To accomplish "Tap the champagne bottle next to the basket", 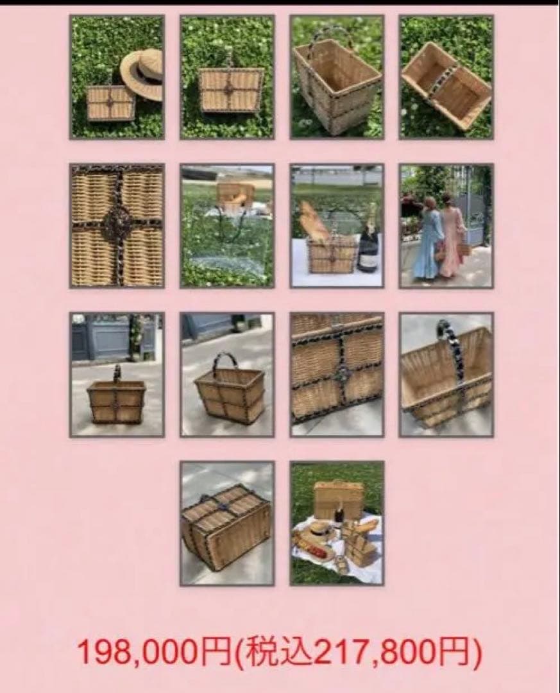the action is coord(368,239).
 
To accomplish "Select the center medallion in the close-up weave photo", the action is coord(116,225).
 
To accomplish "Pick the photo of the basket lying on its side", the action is coord(446,77).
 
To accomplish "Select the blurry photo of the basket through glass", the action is coord(226,226).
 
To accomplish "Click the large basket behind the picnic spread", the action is coord(338,497).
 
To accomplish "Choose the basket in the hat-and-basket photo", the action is coord(110,103).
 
